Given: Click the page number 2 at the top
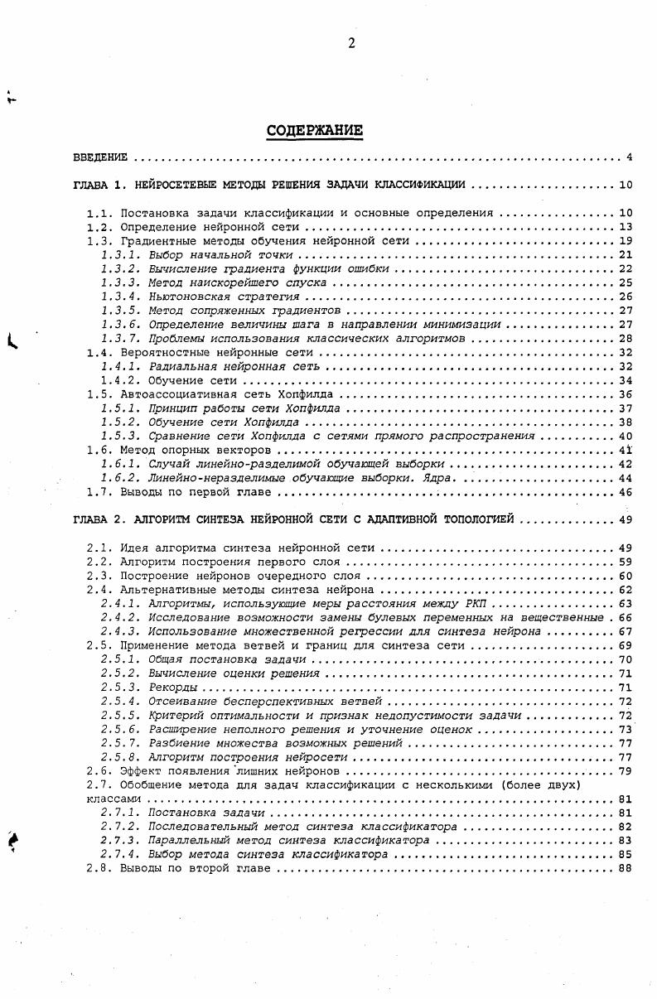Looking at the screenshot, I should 351,45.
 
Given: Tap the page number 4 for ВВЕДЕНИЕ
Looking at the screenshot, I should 630,157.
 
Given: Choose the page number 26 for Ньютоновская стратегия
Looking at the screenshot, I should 626,297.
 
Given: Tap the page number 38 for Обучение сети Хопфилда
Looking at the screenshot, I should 626,422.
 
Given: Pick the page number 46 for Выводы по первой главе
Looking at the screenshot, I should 626,492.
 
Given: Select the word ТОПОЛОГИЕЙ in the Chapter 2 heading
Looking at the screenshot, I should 479,520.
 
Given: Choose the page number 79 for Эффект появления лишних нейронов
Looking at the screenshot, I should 626,771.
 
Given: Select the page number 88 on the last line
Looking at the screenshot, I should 626,868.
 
